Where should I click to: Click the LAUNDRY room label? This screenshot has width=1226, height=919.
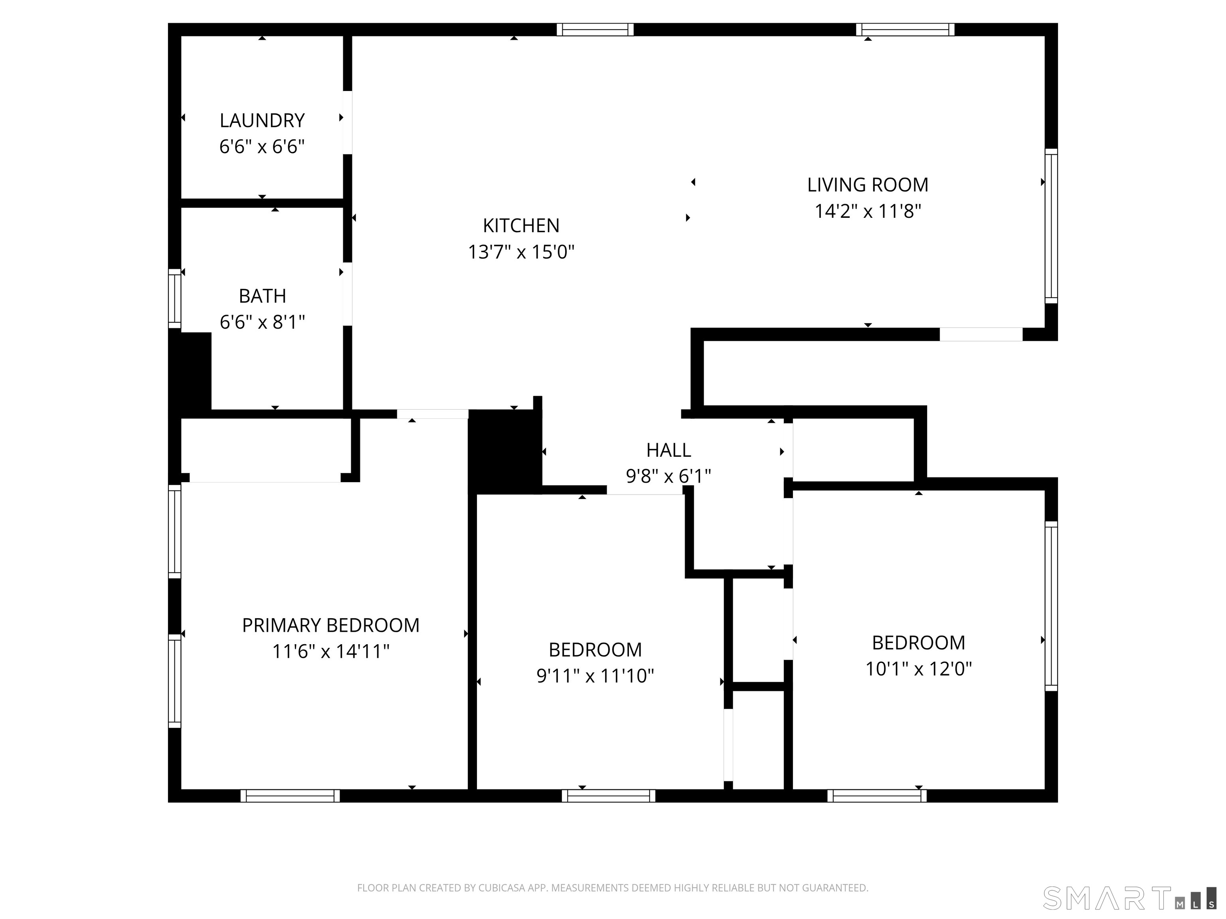coord(262,120)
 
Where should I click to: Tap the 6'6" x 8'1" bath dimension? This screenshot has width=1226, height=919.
coord(262,322)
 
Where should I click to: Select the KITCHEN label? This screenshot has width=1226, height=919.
coord(521,225)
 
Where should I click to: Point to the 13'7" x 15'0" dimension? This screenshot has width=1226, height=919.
coord(521,252)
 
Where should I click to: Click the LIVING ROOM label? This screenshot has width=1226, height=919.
coord(867,184)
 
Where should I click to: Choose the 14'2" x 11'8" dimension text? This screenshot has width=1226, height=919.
coord(867,211)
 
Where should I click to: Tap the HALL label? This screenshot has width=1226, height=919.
coord(668,450)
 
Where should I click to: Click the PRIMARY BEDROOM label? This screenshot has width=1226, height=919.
coord(330,625)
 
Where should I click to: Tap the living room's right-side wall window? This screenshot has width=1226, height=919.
coord(1051,226)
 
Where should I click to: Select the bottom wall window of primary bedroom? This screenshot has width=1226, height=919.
coord(290,796)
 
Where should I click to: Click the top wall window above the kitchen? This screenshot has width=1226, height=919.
coord(595,30)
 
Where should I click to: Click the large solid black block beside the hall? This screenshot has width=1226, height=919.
coord(503,452)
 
